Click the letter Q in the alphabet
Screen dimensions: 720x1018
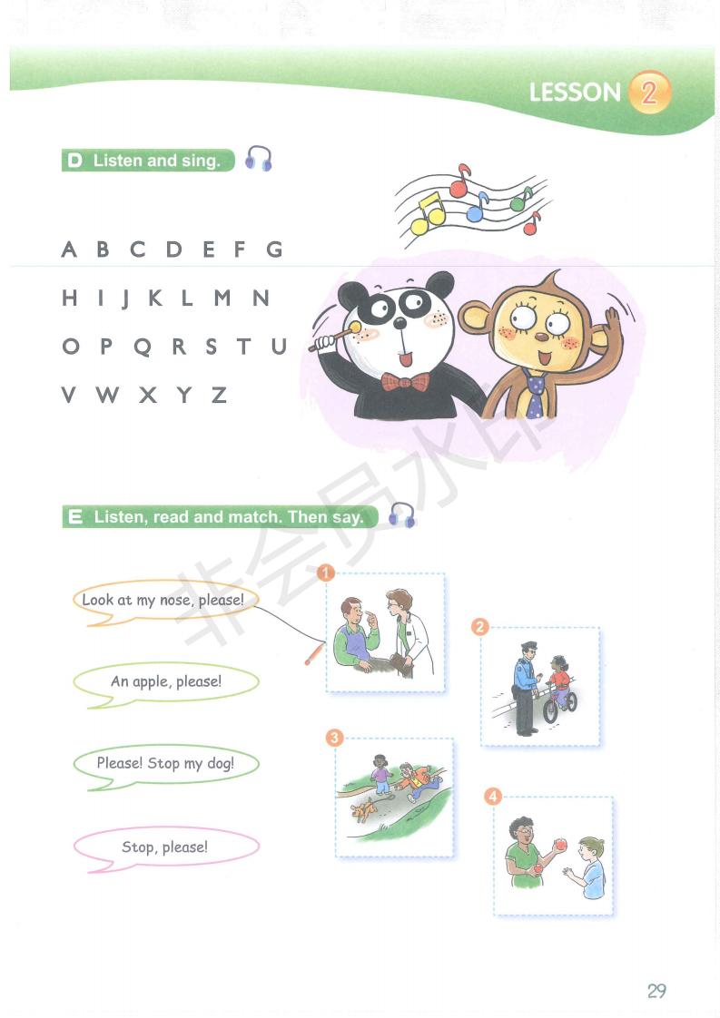(143, 347)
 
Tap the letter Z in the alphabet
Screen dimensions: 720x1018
(219, 395)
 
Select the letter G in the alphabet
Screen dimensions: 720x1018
(274, 249)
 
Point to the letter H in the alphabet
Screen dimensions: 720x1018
(70, 298)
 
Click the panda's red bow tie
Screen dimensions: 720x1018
(405, 382)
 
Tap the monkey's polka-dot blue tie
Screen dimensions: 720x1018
(535, 394)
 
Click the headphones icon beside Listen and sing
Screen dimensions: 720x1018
(258, 159)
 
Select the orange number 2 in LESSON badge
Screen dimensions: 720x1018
(649, 93)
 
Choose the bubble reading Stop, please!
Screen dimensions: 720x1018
(166, 848)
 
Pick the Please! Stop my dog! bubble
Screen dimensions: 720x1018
(166, 766)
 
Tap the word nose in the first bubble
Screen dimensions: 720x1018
(175, 601)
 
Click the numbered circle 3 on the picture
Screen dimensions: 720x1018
(334, 739)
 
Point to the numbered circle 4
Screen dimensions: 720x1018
(493, 796)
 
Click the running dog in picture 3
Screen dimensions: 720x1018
(363, 809)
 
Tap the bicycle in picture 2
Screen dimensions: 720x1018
(559, 703)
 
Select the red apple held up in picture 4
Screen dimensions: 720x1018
(559, 844)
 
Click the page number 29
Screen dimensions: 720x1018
(656, 991)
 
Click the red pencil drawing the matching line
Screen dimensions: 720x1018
(314, 654)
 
